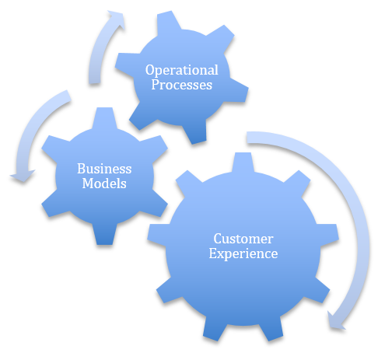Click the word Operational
(181, 71)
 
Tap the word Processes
(182, 85)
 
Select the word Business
(104, 169)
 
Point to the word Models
(104, 183)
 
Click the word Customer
(243, 239)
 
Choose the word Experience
(243, 253)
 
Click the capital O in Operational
(150, 70)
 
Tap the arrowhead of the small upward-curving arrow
(117, 19)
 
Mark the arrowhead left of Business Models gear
(23, 177)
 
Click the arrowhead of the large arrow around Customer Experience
(336, 321)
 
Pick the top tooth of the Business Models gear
(104, 117)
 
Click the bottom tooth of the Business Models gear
(104, 235)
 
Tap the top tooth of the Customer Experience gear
(243, 163)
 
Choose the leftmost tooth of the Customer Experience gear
(158, 235)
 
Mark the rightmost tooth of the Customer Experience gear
(328, 235)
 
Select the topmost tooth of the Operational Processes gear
(168, 22)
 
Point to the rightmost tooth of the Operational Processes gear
(237, 91)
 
